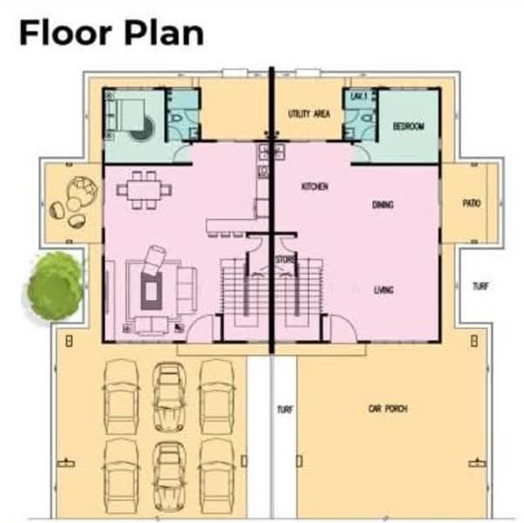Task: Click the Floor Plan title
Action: pos(112,33)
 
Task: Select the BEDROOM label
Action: pos(408,126)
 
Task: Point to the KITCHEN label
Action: pos(314,187)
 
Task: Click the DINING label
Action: pos(383,205)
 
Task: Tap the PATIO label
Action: pos(472,203)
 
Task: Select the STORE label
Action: pos(284,260)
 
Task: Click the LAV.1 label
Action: pos(357,97)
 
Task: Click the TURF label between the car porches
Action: pos(284,409)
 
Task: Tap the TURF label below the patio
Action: pos(480,286)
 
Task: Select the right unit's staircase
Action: pos(304,292)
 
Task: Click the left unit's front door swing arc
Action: pos(201,329)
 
